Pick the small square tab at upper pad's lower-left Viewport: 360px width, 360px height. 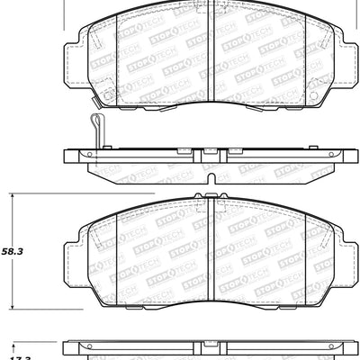click(x=108, y=94)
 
